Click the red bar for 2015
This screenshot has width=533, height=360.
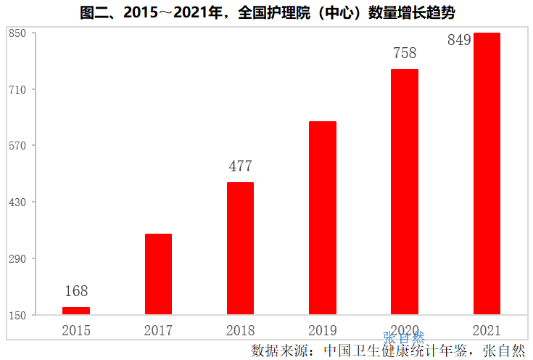pyautogui.click(x=76, y=311)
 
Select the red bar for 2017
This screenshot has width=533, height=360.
pyautogui.click(x=158, y=274)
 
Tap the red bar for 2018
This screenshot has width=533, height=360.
pyautogui.click(x=240, y=248)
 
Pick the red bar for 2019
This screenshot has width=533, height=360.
pyautogui.click(x=323, y=218)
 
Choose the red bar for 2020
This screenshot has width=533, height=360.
pyautogui.click(x=405, y=192)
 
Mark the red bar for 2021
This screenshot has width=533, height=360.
pyautogui.click(x=487, y=173)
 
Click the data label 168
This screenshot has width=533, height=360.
pyautogui.click(x=76, y=291)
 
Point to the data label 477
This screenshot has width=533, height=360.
pyautogui.click(x=240, y=166)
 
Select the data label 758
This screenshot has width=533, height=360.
pyautogui.click(x=405, y=53)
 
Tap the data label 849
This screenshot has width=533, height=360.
pyautogui.click(x=460, y=41)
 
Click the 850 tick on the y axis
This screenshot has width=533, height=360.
pyautogui.click(x=18, y=33)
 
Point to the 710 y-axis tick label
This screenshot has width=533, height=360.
pyautogui.click(x=18, y=90)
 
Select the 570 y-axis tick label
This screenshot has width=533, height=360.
pyautogui.click(x=18, y=146)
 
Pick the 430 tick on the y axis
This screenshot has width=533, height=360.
pyautogui.click(x=18, y=202)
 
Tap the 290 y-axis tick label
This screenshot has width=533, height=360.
pyautogui.click(x=18, y=258)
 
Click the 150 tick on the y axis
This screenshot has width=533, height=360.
pyautogui.click(x=18, y=315)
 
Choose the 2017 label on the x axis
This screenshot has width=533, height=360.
pyautogui.click(x=158, y=331)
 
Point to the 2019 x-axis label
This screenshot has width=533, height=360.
pyautogui.click(x=323, y=331)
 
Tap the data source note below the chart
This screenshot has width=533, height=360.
pyautogui.click(x=388, y=351)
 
